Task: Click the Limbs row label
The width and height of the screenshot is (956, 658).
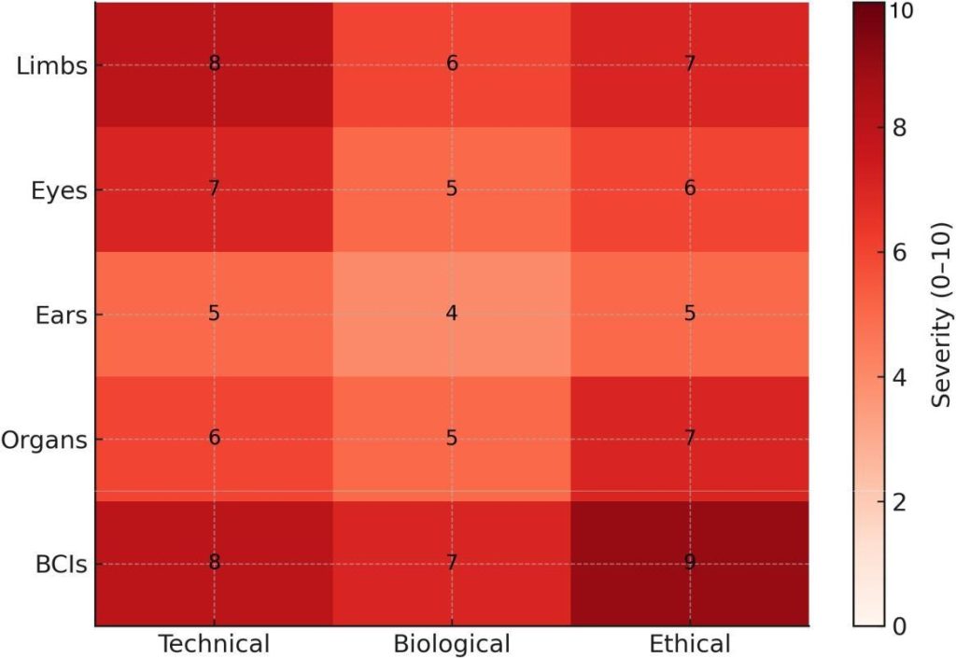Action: [x=52, y=65]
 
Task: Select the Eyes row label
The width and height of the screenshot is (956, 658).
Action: [x=58, y=190]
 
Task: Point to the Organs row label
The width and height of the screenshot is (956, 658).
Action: [x=44, y=440]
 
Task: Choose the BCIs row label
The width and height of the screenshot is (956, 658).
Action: [x=57, y=564]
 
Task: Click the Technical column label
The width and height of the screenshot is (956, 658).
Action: [x=214, y=643]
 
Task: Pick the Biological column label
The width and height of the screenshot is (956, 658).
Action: [x=452, y=643]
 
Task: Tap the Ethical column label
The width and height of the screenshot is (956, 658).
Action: [x=690, y=643]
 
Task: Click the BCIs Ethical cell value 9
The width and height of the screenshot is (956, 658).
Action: [x=690, y=564]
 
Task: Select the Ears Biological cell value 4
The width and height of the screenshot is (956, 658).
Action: [x=452, y=315]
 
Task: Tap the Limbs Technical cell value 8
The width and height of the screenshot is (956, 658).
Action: [x=214, y=65]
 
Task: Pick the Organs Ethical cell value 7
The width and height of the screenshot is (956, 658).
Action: [x=690, y=440]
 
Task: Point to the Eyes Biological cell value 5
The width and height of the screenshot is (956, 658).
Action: [x=452, y=190]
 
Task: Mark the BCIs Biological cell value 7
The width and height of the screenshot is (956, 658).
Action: [x=452, y=564]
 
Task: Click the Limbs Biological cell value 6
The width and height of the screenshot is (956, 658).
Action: [x=452, y=65]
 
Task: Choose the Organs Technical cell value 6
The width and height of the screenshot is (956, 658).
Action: [x=214, y=440]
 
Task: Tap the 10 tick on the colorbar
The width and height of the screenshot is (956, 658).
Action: [x=902, y=11]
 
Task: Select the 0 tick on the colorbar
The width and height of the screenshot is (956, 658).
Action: [x=898, y=625]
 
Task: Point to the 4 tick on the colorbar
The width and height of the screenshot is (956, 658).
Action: [x=898, y=379]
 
